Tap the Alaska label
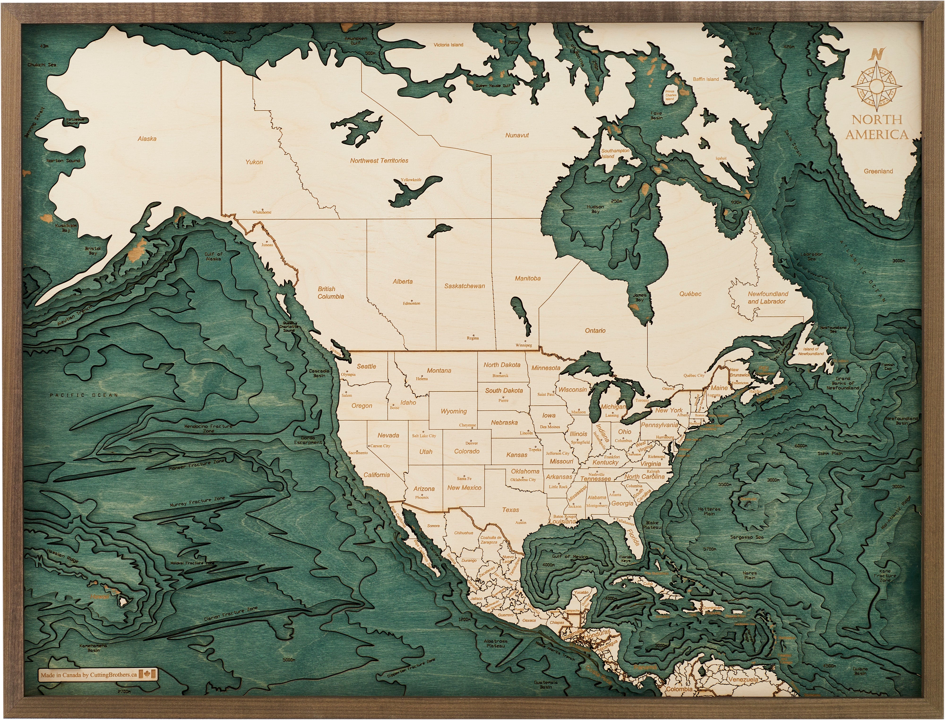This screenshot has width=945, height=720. tap(147, 139)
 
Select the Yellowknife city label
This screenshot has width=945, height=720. tap(411, 180)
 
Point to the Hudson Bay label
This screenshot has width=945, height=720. tap(595, 209)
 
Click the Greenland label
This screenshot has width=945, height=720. tap(878, 171)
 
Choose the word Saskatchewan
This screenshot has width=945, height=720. tap(464, 286)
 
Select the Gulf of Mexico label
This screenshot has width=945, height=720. tap(570, 556)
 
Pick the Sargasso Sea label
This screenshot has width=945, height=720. tap(747, 537)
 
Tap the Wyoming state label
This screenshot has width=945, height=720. tap(454, 411)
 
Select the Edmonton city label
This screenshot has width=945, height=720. tap(411, 304)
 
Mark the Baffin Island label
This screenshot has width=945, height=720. tap(706, 79)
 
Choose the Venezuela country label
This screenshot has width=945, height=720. tap(743, 679)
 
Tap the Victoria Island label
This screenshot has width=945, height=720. tap(448, 45)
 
